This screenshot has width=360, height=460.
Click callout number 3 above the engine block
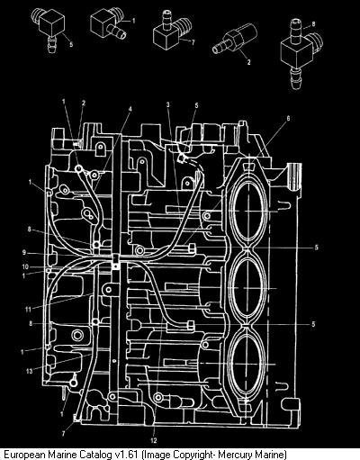click(x=168, y=104)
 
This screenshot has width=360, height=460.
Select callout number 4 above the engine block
click(x=130, y=110)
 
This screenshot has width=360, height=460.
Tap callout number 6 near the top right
click(x=288, y=119)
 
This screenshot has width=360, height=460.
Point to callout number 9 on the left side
click(x=24, y=253)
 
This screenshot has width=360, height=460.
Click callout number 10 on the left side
click(x=25, y=266)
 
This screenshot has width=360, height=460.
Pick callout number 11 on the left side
click(x=28, y=310)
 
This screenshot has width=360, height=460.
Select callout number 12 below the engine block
click(x=154, y=440)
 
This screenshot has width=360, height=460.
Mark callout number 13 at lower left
click(x=29, y=372)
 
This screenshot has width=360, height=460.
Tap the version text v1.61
click(x=127, y=454)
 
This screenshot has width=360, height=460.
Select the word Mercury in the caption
click(x=234, y=455)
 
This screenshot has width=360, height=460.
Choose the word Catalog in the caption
click(x=95, y=455)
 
